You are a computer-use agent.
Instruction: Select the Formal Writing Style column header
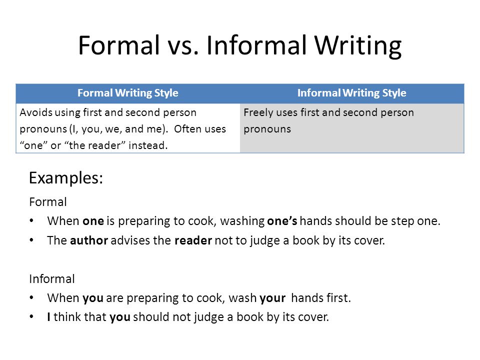click(x=127, y=93)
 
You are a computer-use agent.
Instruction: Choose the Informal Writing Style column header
click(x=351, y=93)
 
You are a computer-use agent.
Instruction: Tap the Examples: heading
click(x=66, y=178)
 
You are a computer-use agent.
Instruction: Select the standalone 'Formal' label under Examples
click(x=48, y=202)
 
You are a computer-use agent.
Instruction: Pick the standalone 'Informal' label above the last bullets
click(x=52, y=279)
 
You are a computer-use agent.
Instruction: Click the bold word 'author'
click(x=89, y=240)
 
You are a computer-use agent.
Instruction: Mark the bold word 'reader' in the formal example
click(x=193, y=240)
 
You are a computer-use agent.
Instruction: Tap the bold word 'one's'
click(x=282, y=221)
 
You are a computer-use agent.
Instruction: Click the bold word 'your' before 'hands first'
click(x=272, y=298)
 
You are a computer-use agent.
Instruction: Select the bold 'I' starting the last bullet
click(x=49, y=317)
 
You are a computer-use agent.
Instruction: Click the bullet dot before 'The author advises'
click(x=32, y=240)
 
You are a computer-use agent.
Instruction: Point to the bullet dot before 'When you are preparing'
click(x=32, y=298)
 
